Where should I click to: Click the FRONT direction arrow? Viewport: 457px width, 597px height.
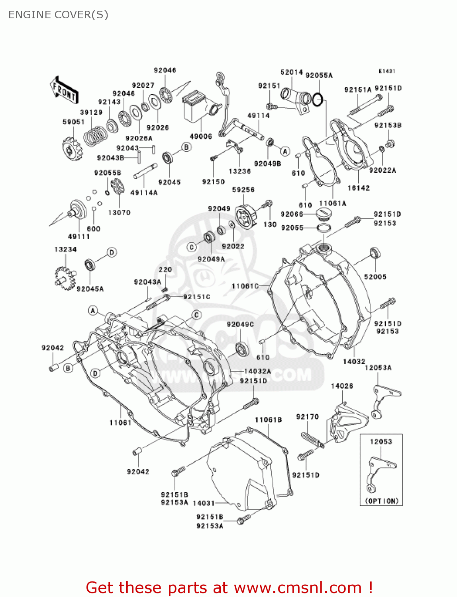tap(64, 90)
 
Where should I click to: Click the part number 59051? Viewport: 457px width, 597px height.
tap(74, 122)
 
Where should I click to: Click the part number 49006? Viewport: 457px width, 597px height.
tap(201, 137)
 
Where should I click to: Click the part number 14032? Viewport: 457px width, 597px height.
tap(354, 361)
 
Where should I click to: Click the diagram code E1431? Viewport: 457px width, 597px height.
tap(386, 71)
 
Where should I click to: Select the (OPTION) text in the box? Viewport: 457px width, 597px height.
tap(381, 501)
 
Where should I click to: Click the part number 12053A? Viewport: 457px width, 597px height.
tap(378, 368)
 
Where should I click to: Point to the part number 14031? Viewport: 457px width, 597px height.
tap(204, 503)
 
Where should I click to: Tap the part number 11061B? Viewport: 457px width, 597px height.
tap(268, 419)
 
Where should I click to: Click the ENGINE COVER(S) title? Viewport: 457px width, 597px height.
tap(58, 15)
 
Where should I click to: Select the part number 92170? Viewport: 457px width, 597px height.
tap(307, 417)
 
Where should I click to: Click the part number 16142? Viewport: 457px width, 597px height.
tap(358, 188)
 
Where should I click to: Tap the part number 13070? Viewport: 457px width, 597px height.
tap(119, 213)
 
